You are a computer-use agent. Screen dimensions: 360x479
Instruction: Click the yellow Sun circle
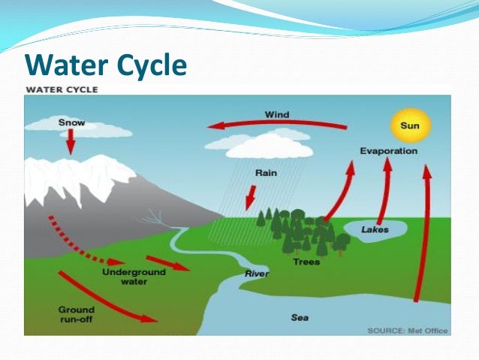coord(410,126)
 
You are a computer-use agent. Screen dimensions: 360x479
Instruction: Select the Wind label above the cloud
coord(277,115)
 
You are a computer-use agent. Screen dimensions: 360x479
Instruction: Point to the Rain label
coord(266,173)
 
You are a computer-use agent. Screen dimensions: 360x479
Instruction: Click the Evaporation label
coord(388,151)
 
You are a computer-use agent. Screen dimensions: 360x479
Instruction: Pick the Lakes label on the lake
coord(375,229)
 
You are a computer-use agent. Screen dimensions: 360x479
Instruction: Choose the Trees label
coord(306,262)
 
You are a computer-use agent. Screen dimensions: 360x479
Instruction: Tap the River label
coord(256,274)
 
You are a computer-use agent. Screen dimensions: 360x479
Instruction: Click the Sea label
coord(300,317)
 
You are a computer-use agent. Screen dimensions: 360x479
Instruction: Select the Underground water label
coord(125,276)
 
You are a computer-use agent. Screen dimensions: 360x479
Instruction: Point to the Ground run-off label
coord(77,314)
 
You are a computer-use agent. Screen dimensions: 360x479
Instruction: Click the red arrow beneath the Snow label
coord(71,141)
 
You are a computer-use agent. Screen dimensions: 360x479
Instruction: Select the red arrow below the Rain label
coord(250,199)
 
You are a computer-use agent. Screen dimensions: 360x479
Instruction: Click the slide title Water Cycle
coord(105,66)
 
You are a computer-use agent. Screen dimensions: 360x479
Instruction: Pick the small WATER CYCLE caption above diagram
coord(62,89)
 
